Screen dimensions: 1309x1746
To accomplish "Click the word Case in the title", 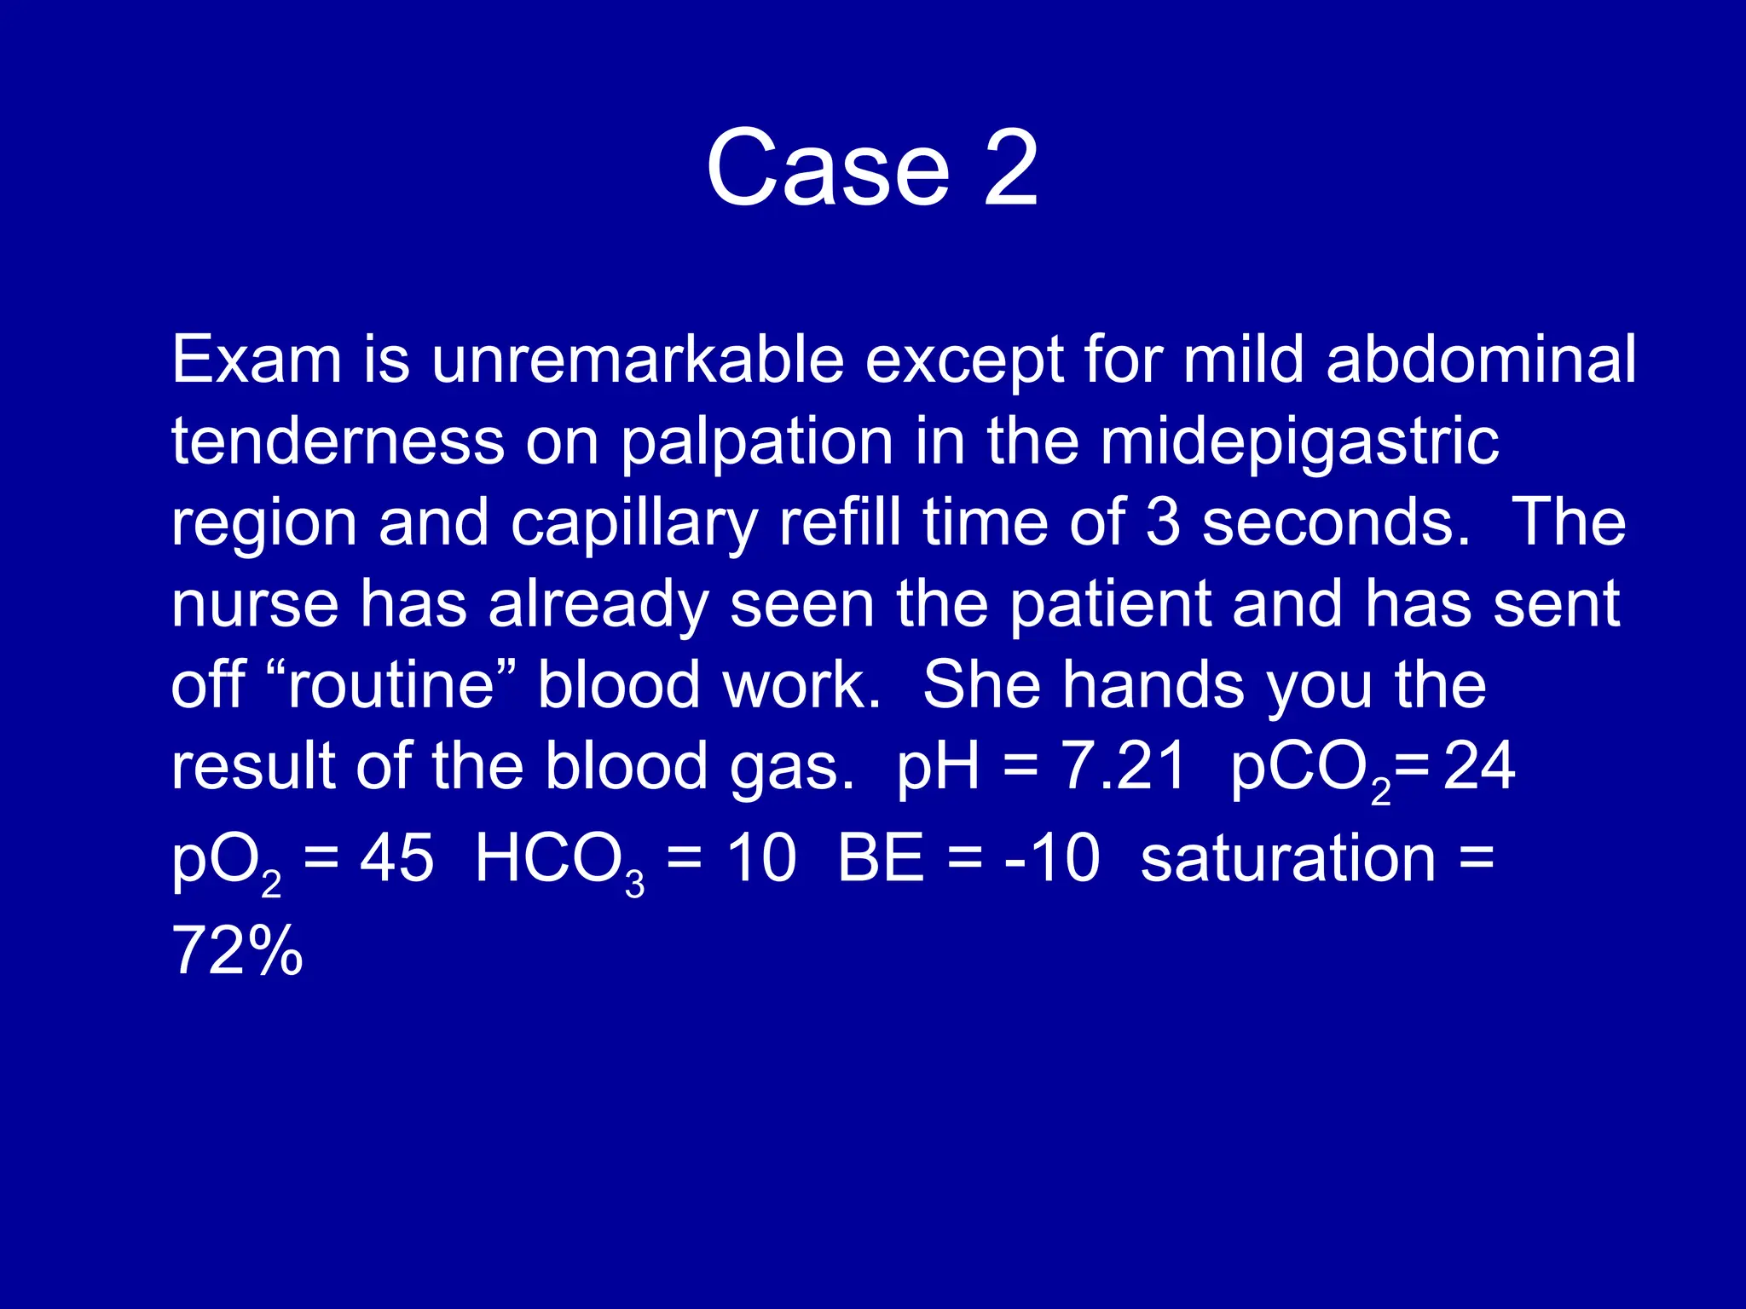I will click(827, 168).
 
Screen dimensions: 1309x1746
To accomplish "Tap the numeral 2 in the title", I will click(1011, 168).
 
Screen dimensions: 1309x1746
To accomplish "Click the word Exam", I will click(257, 360).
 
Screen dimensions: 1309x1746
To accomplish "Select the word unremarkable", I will click(637, 360).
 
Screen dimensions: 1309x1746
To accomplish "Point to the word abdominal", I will click(1481, 360).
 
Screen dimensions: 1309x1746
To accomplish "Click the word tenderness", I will click(338, 441).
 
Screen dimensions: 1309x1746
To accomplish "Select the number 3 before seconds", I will click(1163, 522).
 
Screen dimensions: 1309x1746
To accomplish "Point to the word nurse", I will click(255, 605).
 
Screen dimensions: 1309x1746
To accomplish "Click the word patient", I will click(1110, 605).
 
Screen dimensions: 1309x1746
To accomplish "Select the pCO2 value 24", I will click(1478, 766).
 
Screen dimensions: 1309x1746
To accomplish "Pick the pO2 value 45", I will click(396, 858).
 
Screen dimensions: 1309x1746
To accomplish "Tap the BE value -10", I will click(1052, 858).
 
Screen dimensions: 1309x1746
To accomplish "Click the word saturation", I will click(1288, 858).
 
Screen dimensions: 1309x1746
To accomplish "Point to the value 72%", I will click(237, 951).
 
